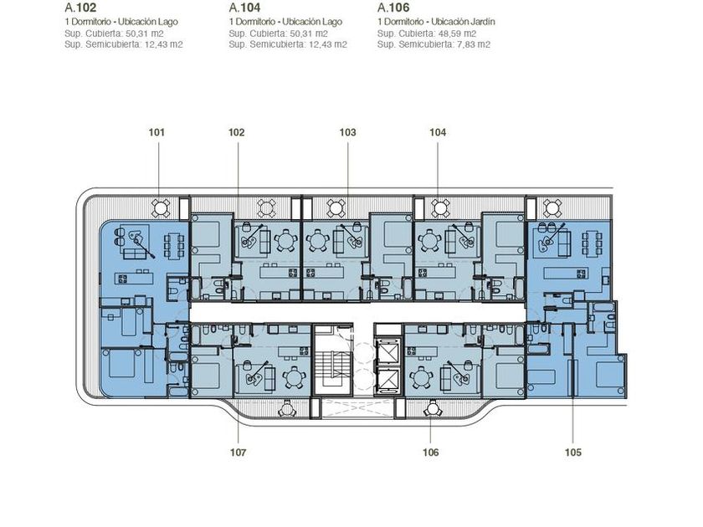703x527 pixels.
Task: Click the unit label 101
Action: click(157, 132)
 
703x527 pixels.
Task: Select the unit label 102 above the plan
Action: click(237, 132)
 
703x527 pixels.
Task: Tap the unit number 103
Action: click(347, 132)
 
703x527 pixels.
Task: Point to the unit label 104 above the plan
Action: click(438, 132)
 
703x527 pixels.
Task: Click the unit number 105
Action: click(573, 453)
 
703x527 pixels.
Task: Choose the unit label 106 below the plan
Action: click(430, 453)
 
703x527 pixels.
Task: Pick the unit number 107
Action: click(238, 453)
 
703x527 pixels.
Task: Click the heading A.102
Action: click(80, 8)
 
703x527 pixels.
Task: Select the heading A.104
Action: click(244, 8)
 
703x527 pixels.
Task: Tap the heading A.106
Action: click(393, 8)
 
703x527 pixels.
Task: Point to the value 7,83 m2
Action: click(475, 44)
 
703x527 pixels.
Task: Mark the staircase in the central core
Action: click(331, 362)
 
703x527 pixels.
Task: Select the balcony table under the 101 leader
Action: click(160, 207)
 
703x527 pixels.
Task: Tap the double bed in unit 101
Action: click(121, 363)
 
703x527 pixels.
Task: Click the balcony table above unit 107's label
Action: click(285, 409)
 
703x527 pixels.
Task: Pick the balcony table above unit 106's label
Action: click(433, 409)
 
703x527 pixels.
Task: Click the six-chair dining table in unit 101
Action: click(173, 245)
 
